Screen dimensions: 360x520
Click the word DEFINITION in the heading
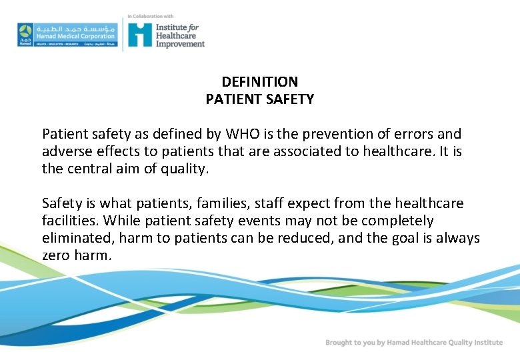[x=259, y=82]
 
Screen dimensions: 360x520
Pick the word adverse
[x=67, y=151]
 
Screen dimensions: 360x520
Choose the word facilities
[x=70, y=221]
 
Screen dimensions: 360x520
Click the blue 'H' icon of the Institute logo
[x=140, y=35]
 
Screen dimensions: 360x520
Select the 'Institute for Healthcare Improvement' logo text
[x=180, y=35]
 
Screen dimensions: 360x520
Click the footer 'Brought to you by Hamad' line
[x=413, y=343]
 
